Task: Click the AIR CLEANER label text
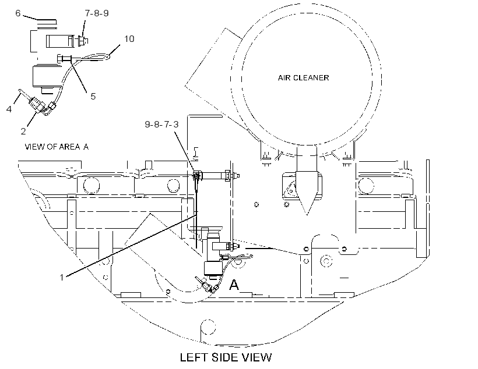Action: click(303, 78)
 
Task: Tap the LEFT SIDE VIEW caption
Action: click(226, 357)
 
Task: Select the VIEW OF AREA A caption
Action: click(57, 147)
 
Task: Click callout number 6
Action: click(18, 13)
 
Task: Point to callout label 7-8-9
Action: click(97, 13)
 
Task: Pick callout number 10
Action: click(129, 38)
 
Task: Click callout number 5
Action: click(93, 96)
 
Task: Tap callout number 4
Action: click(9, 109)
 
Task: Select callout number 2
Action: click(23, 131)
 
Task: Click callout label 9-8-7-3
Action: click(161, 124)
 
